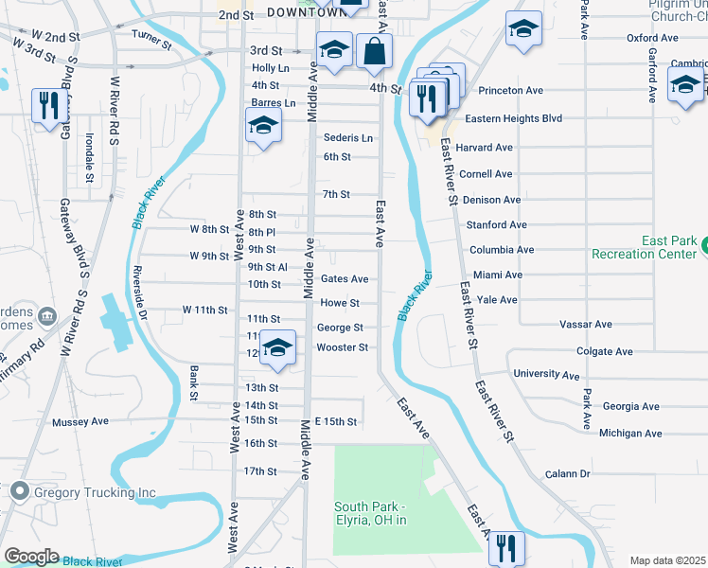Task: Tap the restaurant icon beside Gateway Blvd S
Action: (x=44, y=104)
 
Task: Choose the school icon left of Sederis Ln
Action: (x=264, y=126)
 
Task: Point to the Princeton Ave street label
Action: (x=509, y=91)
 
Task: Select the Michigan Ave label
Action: (x=630, y=433)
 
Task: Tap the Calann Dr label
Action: (x=567, y=473)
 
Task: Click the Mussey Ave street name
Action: (x=82, y=422)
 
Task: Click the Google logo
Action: (x=31, y=557)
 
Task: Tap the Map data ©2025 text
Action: (x=667, y=560)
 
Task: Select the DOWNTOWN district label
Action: (x=303, y=12)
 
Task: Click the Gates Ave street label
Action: (x=345, y=279)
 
